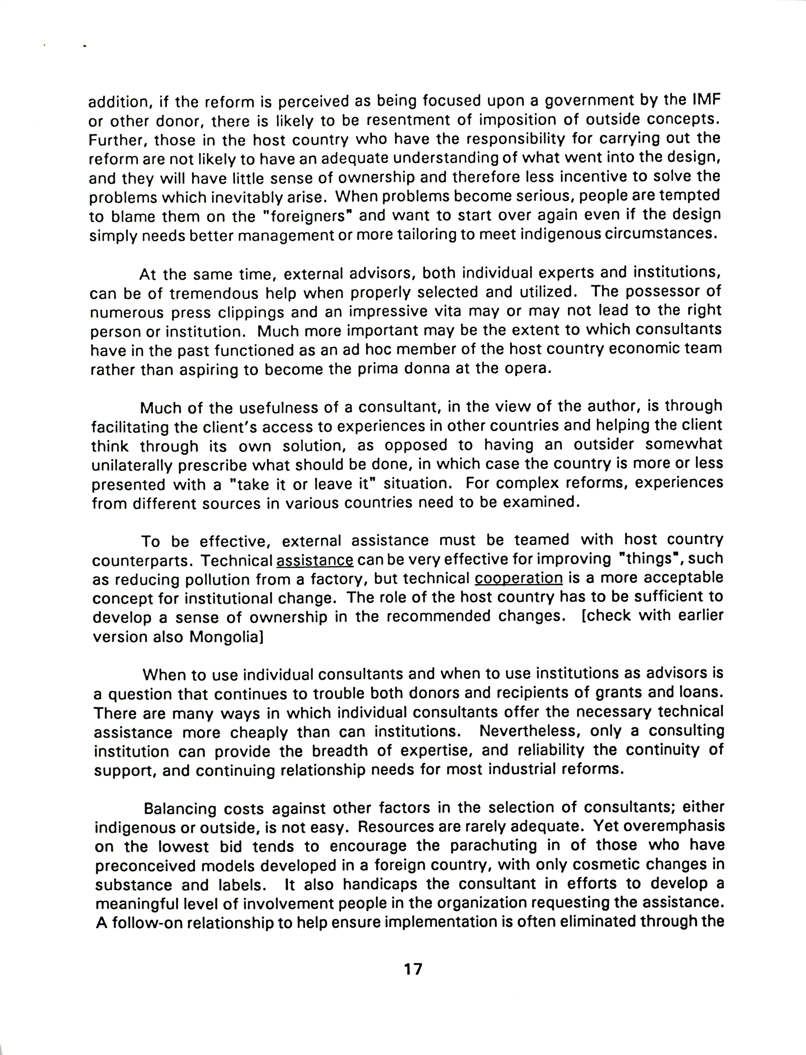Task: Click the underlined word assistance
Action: (x=315, y=560)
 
